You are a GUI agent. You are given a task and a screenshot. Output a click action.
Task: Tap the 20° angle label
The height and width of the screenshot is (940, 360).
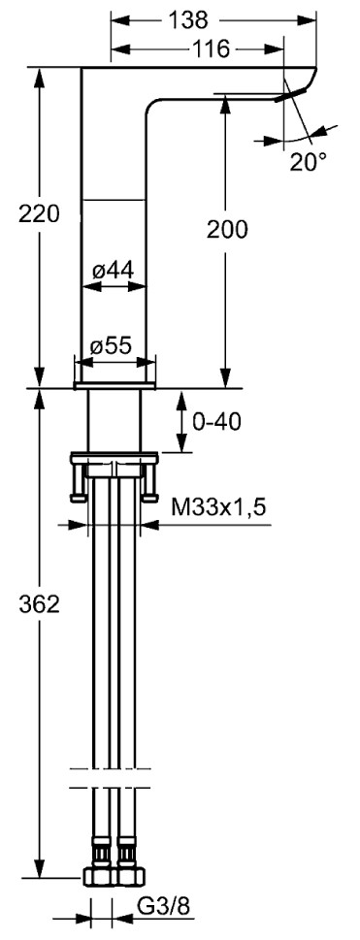(309, 161)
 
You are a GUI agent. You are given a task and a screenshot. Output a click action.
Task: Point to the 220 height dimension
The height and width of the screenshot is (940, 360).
(39, 213)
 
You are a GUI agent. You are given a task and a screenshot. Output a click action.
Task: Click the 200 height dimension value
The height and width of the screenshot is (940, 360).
(227, 229)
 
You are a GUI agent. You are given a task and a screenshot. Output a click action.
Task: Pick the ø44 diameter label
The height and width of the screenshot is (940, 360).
(113, 271)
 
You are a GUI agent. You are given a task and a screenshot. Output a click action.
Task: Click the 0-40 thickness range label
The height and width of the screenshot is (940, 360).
(216, 421)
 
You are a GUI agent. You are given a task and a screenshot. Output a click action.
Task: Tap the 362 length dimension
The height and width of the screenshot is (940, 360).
(39, 604)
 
